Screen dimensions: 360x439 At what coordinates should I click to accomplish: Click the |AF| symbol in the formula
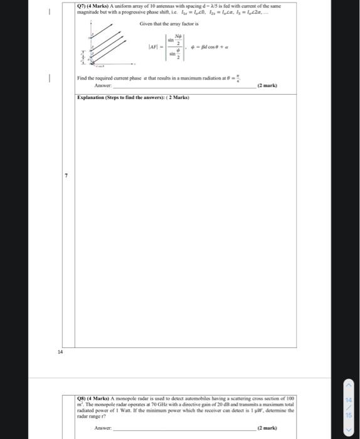tap(153, 46)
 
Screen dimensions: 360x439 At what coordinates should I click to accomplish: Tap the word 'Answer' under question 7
tap(103, 85)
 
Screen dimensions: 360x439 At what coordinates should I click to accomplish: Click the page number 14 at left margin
tap(61, 352)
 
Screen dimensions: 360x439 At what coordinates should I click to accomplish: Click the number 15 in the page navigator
tap(349, 415)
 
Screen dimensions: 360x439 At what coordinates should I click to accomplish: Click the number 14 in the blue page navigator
tap(349, 399)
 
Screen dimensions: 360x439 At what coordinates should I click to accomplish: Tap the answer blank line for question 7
tap(182, 87)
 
